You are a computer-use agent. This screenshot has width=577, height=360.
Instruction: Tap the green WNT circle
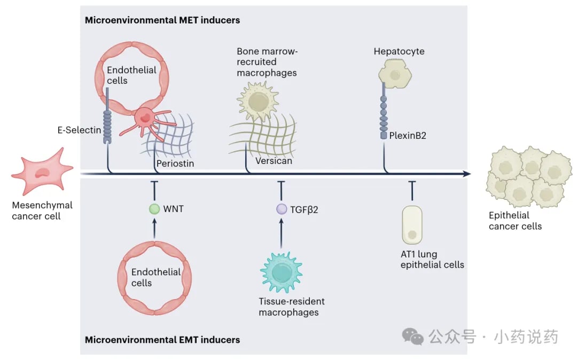[154, 209]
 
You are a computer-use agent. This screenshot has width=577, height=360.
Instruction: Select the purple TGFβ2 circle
[282, 209]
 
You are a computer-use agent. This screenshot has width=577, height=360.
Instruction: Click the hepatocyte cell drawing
[395, 74]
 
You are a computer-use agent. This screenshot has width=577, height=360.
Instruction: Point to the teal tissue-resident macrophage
[282, 272]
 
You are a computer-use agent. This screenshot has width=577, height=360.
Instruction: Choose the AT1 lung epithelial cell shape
[412, 225]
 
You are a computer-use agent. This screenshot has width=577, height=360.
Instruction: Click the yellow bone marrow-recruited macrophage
[258, 101]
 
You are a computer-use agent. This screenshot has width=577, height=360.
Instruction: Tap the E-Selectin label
[79, 130]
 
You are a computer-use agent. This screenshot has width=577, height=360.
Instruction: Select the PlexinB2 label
[408, 135]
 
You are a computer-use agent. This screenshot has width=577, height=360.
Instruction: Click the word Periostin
[175, 163]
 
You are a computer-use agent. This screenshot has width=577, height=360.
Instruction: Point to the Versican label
[274, 161]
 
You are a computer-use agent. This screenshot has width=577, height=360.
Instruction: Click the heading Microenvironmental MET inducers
[162, 20]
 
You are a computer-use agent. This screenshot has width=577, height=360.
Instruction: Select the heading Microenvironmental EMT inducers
[162, 339]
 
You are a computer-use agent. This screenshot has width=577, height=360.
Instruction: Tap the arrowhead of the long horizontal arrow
[467, 174]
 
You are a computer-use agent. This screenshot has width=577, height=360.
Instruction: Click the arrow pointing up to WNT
[154, 228]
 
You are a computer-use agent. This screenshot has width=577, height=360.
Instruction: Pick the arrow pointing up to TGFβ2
[282, 233]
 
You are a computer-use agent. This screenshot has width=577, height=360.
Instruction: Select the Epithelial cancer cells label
[515, 221]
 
